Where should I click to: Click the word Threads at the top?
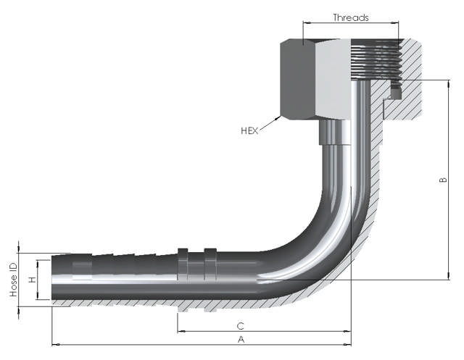click(x=350, y=17)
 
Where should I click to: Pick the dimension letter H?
click(x=31, y=279)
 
